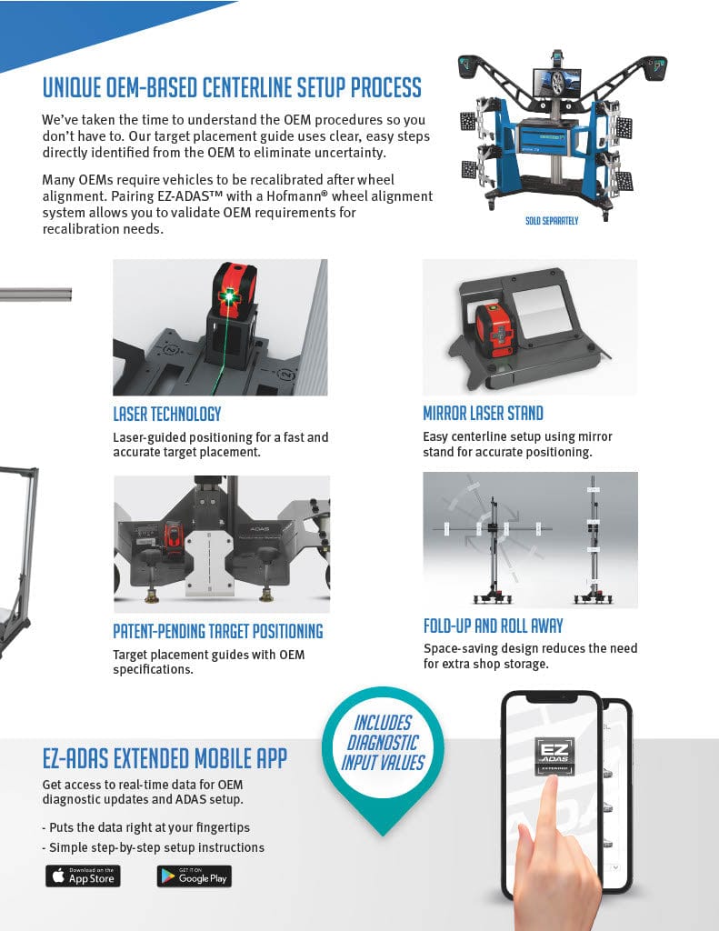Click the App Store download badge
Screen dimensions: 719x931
click(83, 876)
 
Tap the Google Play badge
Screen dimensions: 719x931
click(195, 876)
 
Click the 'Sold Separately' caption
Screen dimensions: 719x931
click(552, 221)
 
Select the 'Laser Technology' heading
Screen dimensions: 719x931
click(167, 414)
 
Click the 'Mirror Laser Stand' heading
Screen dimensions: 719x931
click(483, 414)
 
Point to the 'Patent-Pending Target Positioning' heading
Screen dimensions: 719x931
click(218, 631)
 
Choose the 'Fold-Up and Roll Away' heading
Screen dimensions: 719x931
click(493, 626)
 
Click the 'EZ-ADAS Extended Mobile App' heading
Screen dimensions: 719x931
click(165, 759)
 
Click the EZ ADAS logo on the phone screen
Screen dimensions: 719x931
click(554, 756)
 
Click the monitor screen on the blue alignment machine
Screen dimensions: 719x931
click(556, 83)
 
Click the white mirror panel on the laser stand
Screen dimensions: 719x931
click(541, 311)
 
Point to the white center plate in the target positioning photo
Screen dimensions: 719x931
click(209, 563)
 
